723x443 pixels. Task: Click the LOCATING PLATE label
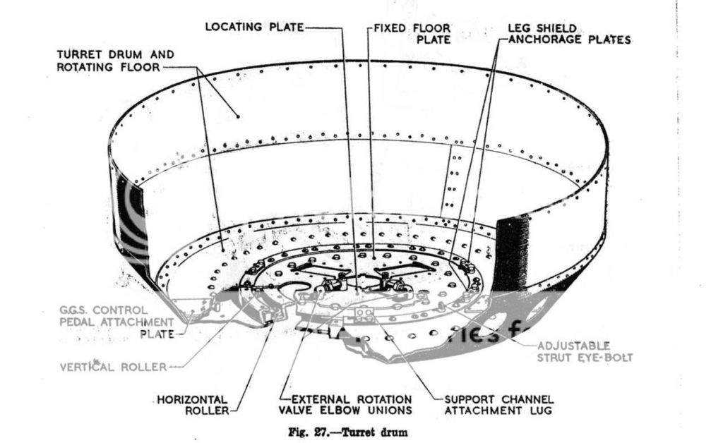click(254, 27)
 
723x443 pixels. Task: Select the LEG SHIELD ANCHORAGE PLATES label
click(568, 34)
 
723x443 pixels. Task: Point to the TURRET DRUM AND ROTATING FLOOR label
click(116, 61)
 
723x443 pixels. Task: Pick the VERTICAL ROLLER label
click(113, 367)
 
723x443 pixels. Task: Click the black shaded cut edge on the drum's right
click(510, 250)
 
